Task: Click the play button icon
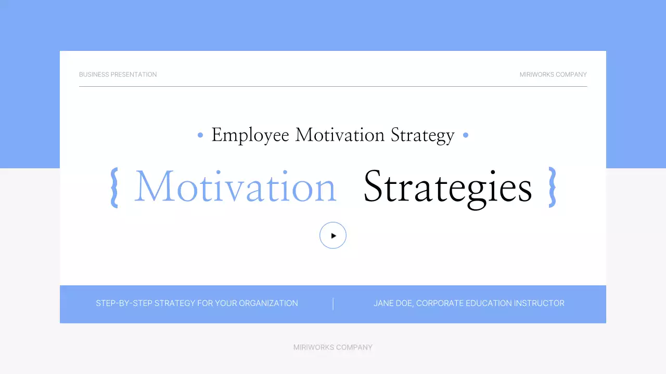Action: pyautogui.click(x=333, y=235)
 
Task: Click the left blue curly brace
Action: pyautogui.click(x=114, y=188)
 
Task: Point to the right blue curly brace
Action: pyautogui.click(x=553, y=188)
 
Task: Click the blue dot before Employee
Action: pyautogui.click(x=200, y=135)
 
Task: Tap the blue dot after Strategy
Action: pyautogui.click(x=466, y=135)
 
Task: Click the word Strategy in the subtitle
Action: pyautogui.click(x=422, y=135)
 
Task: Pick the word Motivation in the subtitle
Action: pyautogui.click(x=340, y=135)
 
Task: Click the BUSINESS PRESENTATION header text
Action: pyautogui.click(x=118, y=74)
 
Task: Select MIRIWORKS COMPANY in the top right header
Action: pyautogui.click(x=553, y=74)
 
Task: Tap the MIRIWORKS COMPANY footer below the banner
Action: pyautogui.click(x=333, y=347)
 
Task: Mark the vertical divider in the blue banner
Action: pyautogui.click(x=333, y=304)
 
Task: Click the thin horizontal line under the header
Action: pyautogui.click(x=333, y=86)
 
